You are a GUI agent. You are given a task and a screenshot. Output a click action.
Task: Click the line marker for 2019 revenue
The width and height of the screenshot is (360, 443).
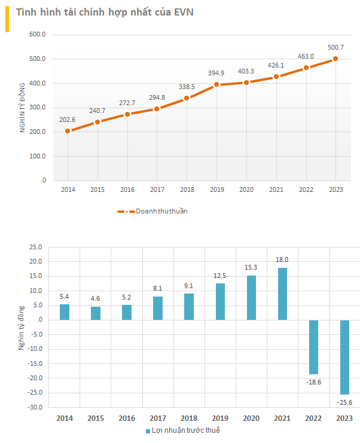click(x=216, y=84)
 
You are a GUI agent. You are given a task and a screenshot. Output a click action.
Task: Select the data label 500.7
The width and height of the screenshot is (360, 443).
click(x=335, y=47)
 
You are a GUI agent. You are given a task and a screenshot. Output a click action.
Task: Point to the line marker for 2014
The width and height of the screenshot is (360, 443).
click(x=68, y=131)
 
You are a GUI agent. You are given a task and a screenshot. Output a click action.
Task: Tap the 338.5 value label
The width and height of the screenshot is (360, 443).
click(x=187, y=87)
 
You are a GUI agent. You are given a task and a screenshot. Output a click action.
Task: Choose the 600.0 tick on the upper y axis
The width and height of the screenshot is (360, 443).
click(x=38, y=35)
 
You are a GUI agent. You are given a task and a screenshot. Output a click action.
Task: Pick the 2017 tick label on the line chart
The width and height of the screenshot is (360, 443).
click(x=157, y=190)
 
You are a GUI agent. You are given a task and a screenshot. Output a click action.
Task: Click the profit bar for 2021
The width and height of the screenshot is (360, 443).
click(x=282, y=294)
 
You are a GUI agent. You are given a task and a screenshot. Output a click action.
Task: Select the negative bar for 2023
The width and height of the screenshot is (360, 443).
click(x=344, y=357)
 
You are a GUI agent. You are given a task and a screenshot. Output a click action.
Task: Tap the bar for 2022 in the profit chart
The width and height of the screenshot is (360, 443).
click(x=313, y=347)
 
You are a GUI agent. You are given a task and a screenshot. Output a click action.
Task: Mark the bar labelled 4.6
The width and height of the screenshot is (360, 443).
click(x=96, y=313)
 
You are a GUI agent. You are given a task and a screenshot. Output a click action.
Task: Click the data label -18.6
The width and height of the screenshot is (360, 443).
click(x=314, y=381)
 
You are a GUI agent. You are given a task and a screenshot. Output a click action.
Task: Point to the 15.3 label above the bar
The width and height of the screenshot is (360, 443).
click(x=251, y=267)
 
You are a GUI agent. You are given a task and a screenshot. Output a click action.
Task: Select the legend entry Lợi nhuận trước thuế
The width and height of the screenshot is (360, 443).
click(x=184, y=430)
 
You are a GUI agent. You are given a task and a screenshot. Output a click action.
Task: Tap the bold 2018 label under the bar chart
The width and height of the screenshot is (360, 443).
click(x=189, y=418)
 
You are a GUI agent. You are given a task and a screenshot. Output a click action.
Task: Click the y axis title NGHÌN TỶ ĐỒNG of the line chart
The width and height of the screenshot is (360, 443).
click(x=22, y=107)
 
